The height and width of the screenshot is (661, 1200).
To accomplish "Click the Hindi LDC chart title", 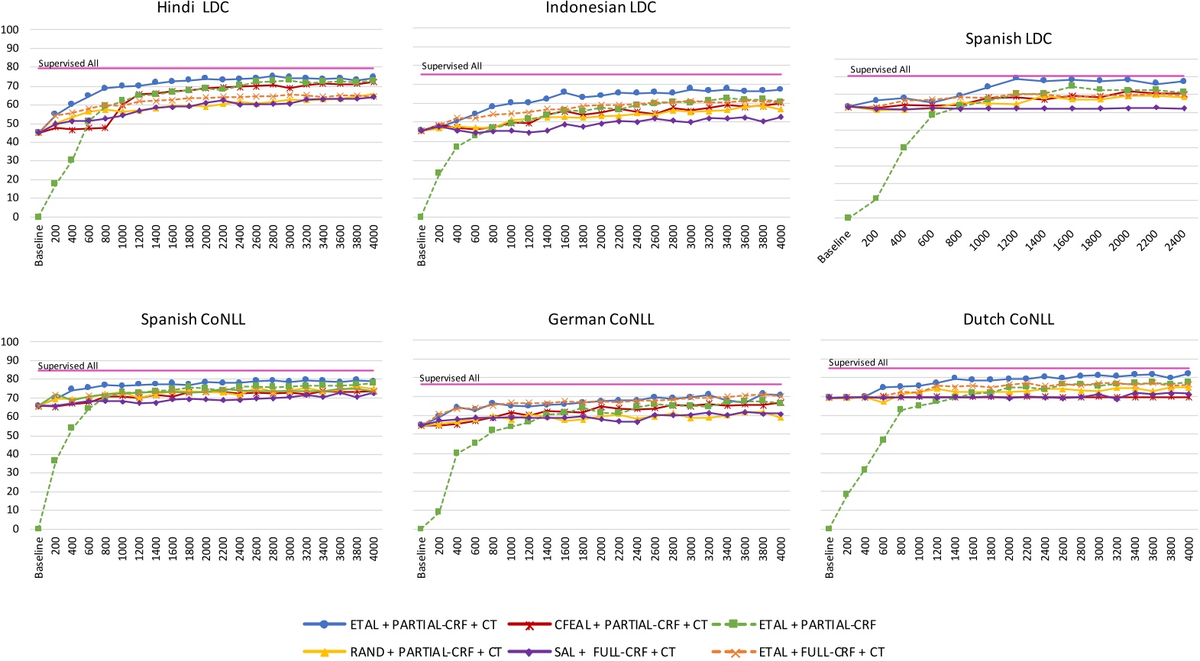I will [192, 8].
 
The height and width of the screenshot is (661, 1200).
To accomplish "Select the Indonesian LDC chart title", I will [600, 8].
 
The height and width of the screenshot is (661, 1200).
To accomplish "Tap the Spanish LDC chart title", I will [1008, 39].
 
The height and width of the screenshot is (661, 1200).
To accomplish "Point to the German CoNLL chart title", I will [600, 320].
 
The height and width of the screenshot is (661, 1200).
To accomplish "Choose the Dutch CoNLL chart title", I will [1008, 320].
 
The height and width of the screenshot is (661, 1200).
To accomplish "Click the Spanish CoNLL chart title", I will [192, 320].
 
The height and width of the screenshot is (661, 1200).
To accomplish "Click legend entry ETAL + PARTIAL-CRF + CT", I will [423, 625].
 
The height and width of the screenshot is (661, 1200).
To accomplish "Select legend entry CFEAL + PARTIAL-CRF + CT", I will [631, 625].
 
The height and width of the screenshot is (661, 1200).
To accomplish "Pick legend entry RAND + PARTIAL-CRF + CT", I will [425, 652].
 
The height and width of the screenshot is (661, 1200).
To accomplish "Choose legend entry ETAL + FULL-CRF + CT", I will [821, 652].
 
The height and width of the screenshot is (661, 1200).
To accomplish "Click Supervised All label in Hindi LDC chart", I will [68, 63].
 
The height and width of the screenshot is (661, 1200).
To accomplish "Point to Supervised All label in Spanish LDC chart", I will [880, 69].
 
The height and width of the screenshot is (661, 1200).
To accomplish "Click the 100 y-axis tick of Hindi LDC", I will [10, 30].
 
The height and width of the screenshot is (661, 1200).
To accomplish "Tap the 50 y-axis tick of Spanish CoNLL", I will [13, 435].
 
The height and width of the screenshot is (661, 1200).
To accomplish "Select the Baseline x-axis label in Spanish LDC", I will [833, 247].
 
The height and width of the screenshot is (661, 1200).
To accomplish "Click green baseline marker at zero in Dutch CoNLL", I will [829, 528].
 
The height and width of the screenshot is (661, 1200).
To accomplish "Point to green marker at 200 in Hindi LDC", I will [55, 183].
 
